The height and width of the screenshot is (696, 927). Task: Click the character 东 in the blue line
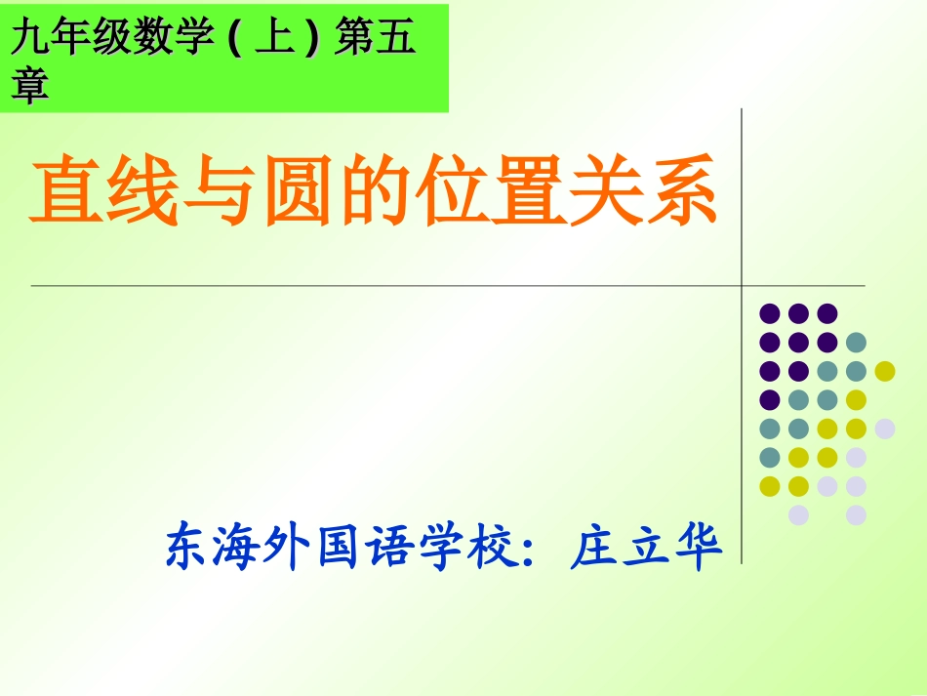click(189, 548)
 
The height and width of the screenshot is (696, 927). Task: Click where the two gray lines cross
click(743, 286)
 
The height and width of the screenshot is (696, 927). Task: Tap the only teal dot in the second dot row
click(856, 342)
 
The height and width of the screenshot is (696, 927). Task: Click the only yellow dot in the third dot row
click(885, 370)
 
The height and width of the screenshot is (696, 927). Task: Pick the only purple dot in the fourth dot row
click(770, 399)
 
